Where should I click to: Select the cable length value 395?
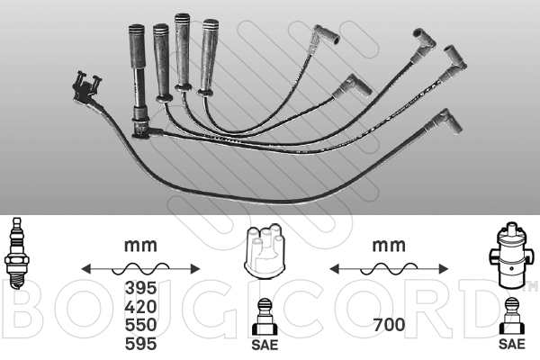[140, 288]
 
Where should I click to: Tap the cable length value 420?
[140, 307]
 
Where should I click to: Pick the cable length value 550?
[140, 325]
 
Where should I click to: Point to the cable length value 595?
[140, 344]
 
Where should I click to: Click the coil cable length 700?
[389, 325]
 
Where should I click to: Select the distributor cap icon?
[265, 250]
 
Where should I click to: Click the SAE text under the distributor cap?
[265, 345]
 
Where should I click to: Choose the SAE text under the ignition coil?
[512, 344]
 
